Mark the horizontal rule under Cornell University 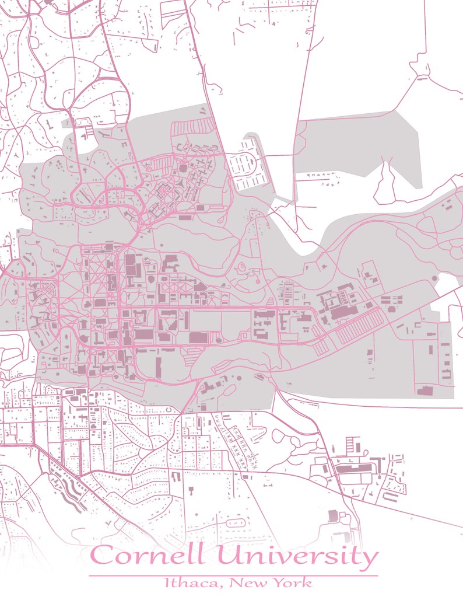tap(233, 575)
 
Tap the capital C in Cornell tap(103, 556)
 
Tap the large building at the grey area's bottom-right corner tap(425, 390)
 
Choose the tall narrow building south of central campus tap(159, 368)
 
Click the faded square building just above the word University tap(333, 515)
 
